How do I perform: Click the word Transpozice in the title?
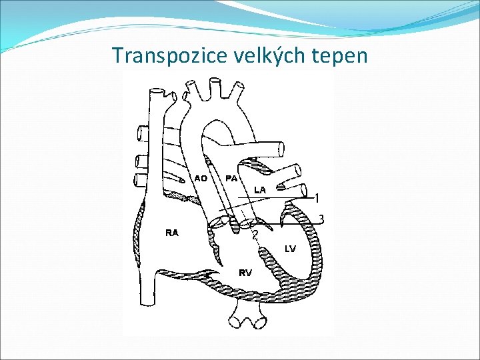click(x=169, y=55)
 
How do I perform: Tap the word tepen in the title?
click(x=344, y=55)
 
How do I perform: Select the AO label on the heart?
click(x=201, y=178)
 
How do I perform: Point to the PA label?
click(x=232, y=178)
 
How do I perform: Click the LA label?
click(x=260, y=190)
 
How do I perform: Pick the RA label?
click(x=171, y=233)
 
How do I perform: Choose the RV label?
click(x=245, y=272)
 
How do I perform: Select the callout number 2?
click(x=255, y=235)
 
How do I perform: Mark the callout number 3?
click(x=321, y=219)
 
